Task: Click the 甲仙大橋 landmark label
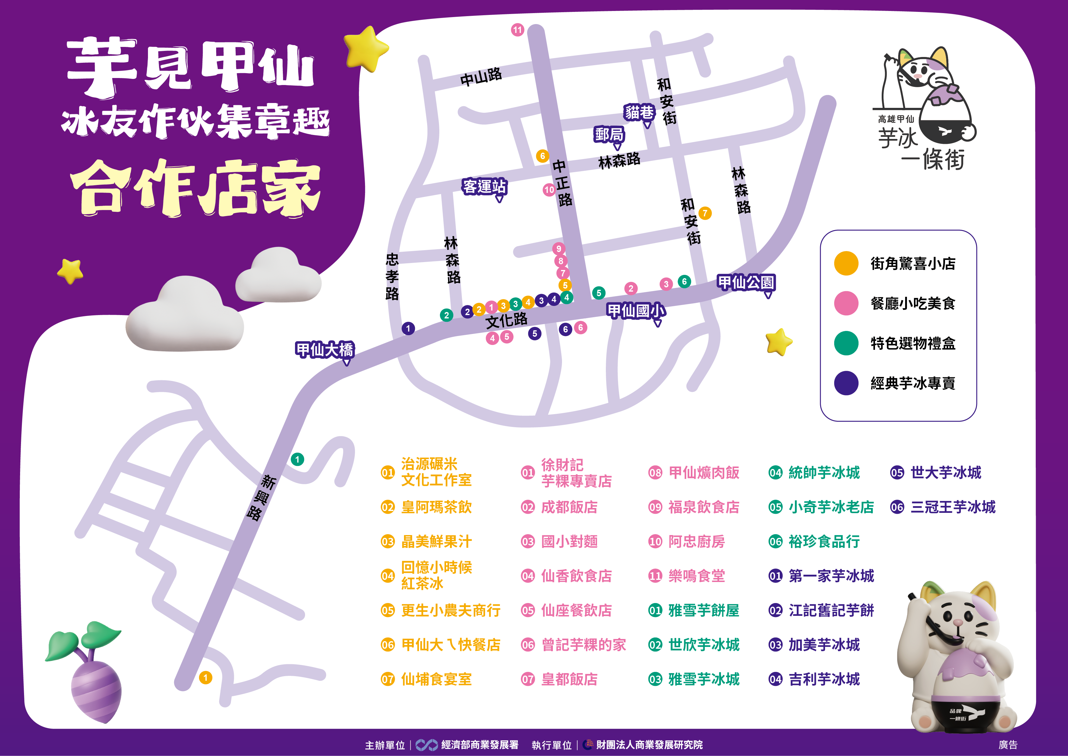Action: point(325,349)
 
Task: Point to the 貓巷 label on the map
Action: point(639,112)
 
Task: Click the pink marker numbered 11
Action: point(517,30)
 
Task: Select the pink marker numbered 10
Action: point(549,190)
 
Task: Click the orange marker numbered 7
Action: point(705,213)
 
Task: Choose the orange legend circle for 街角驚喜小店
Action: point(846,264)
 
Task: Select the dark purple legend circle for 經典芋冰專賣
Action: point(846,383)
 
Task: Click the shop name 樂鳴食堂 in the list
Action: point(696,576)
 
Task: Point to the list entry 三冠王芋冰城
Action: point(953,507)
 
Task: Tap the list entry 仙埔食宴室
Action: point(436,679)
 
